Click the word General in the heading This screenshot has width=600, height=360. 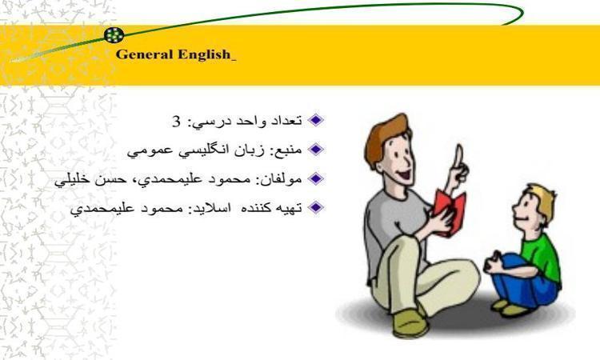[x=144, y=54]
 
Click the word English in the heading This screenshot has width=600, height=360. [x=204, y=54]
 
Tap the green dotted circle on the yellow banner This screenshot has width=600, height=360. [x=114, y=35]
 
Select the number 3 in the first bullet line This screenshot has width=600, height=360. [x=176, y=122]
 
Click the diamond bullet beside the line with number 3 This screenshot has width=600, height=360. [x=316, y=120]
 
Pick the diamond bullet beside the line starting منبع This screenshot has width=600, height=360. [x=316, y=150]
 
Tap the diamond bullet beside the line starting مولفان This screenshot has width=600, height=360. [x=316, y=178]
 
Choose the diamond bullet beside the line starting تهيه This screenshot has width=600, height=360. [x=316, y=207]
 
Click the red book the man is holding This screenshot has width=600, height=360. [x=450, y=211]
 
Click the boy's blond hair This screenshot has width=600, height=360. [x=543, y=202]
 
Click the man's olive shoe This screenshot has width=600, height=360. [x=410, y=324]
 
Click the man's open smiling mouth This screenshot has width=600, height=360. [x=404, y=176]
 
